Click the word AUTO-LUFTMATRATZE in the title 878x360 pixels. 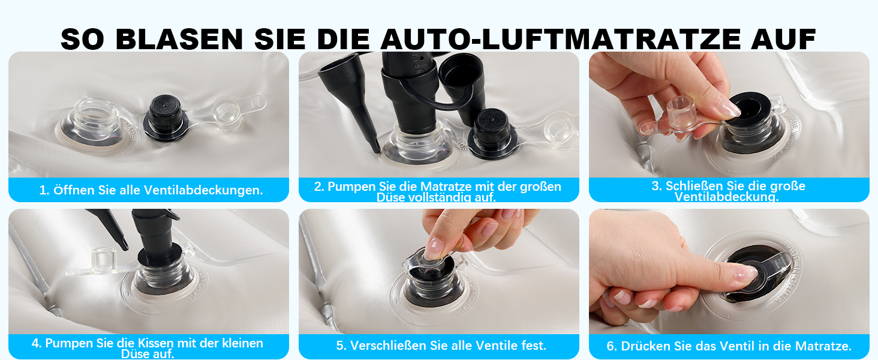click(x=560, y=39)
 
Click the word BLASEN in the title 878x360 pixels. click(x=179, y=39)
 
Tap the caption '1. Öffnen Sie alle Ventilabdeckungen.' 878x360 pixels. click(x=151, y=190)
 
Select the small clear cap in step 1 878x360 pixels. click(x=227, y=114)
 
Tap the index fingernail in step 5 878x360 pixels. click(x=434, y=248)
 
